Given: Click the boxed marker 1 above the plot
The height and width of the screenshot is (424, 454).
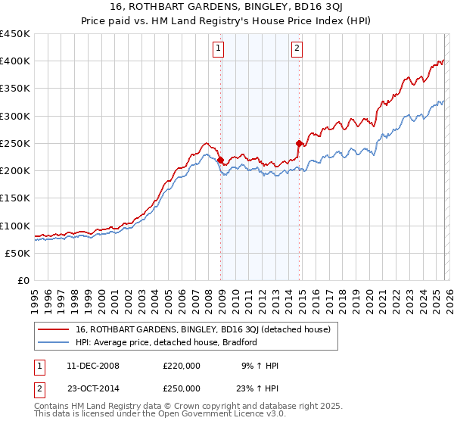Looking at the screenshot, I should click(x=217, y=49).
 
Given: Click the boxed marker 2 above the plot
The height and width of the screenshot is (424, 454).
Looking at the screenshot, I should click(x=297, y=49).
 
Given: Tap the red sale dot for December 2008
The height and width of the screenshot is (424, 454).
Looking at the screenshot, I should click(x=220, y=161).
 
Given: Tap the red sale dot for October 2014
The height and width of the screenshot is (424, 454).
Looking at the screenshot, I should click(x=299, y=143).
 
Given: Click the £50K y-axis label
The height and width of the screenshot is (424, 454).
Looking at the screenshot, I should click(x=18, y=253).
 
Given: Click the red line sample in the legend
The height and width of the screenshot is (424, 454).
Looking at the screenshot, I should click(x=54, y=330).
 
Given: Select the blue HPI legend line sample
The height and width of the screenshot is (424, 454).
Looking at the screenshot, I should click(x=54, y=342).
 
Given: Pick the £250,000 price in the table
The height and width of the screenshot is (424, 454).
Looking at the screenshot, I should click(x=182, y=388).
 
